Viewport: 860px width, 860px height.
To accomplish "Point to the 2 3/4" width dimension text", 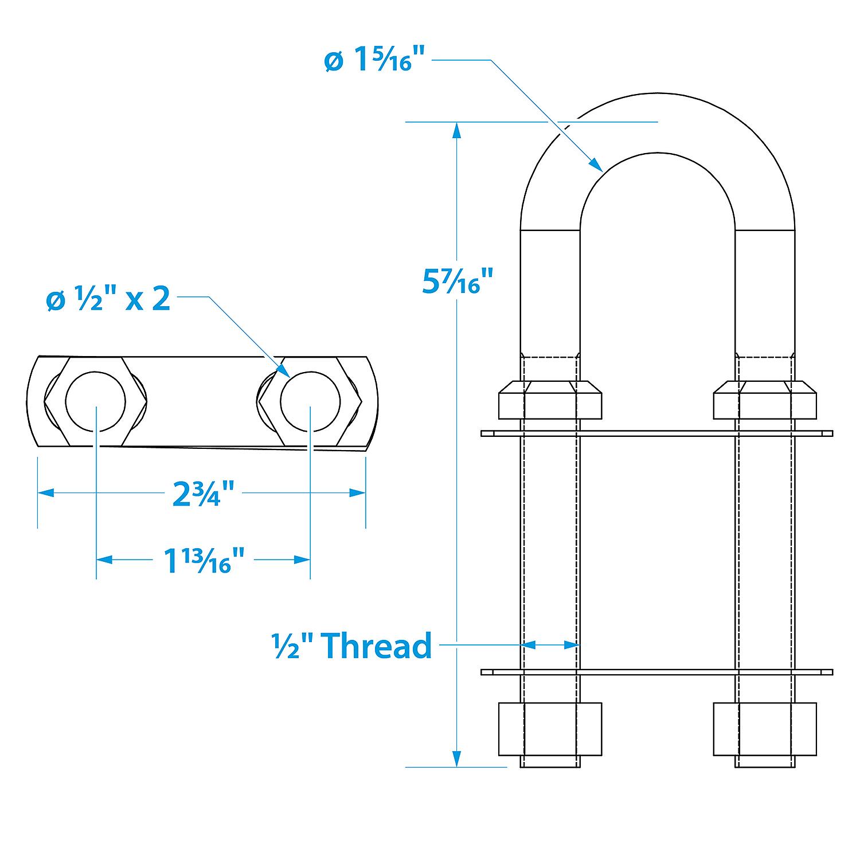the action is coord(204,494).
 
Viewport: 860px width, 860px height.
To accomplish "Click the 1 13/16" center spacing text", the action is coord(205,560).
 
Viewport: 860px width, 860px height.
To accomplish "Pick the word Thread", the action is coord(377,646).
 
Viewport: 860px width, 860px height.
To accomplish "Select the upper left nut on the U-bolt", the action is coord(550,399).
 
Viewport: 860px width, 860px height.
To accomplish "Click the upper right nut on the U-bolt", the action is coord(765,399).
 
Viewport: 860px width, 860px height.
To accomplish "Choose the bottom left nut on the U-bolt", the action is coord(550,728).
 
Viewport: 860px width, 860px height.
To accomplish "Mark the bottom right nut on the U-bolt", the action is coord(765,728).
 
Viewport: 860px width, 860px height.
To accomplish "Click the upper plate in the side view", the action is coord(657,433).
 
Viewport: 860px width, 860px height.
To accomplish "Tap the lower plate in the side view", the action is coord(657,672).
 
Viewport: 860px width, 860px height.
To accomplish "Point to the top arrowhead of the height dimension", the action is coord(456,130).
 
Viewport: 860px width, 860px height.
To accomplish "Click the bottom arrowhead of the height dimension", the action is coord(456,759).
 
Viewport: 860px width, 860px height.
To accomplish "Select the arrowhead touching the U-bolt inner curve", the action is coord(596,165).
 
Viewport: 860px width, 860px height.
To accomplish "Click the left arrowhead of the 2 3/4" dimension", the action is coord(46,492).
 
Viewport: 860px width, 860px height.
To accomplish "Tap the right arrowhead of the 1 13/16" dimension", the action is coord(302,560).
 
